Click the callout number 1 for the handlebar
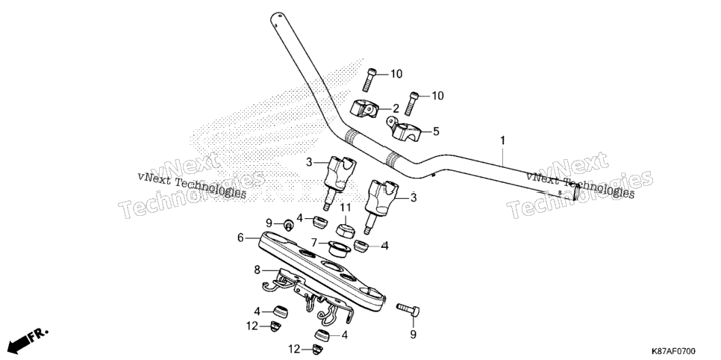(x=502, y=140)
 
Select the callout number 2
(x=396, y=109)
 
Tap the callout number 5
(x=436, y=131)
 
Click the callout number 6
(x=240, y=238)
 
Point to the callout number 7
(x=314, y=242)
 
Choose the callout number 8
(x=257, y=270)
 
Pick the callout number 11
(x=346, y=208)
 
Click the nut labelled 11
(x=345, y=229)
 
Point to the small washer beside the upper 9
(x=288, y=225)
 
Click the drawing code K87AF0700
(x=674, y=351)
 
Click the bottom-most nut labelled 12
(x=316, y=350)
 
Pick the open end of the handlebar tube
(x=575, y=191)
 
